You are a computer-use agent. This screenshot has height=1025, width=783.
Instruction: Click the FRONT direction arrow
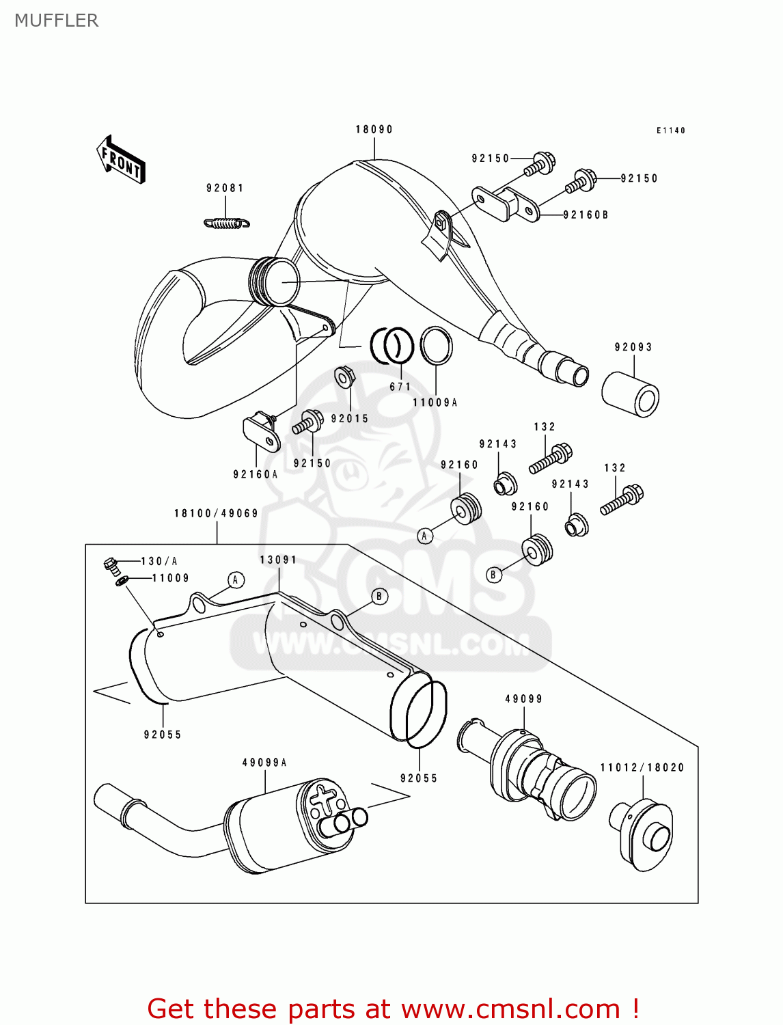tap(121, 160)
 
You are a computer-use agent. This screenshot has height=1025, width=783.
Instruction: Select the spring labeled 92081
tap(227, 223)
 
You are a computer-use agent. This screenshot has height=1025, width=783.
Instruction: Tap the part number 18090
tap(374, 129)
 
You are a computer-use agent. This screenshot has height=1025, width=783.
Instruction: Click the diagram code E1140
tap(670, 131)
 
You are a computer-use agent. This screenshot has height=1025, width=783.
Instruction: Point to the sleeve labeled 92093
tap(631, 394)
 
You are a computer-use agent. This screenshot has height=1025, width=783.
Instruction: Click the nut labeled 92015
tap(343, 377)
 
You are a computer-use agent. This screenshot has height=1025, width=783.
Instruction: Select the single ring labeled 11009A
tap(436, 346)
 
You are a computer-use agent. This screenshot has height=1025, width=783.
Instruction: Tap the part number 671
tap(400, 387)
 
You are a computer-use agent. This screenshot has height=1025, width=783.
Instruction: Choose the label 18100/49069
tap(216, 513)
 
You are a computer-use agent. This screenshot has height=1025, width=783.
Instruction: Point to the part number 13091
tap(278, 560)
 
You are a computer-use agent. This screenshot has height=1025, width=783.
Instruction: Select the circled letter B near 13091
tap(379, 596)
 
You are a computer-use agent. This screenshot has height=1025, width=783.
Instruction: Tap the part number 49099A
tap(264, 763)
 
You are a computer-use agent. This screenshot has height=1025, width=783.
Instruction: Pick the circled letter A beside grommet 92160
tap(424, 536)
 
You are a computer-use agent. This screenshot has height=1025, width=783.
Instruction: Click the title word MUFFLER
tap(57, 20)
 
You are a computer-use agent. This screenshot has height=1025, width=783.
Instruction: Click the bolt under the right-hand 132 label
tap(622, 500)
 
